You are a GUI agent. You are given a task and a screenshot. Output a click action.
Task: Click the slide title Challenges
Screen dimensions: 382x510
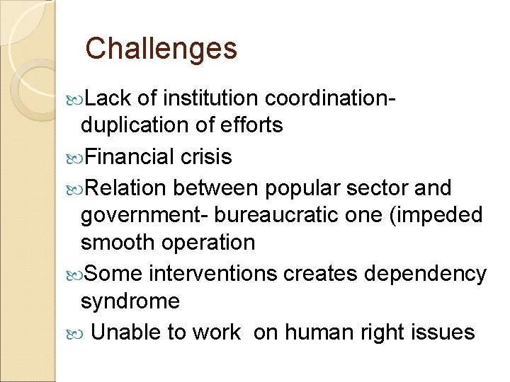[161, 48]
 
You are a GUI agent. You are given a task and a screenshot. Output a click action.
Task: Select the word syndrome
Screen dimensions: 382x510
[130, 301]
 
